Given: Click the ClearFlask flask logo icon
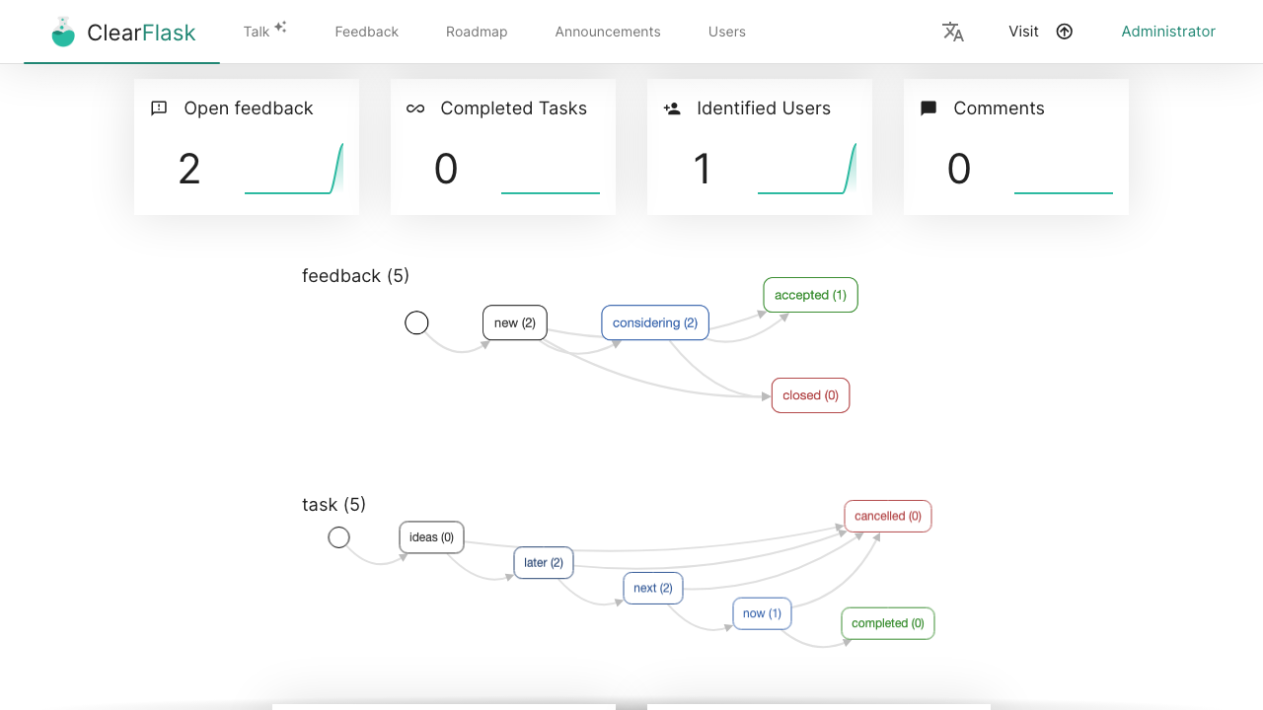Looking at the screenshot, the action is pos(63,32).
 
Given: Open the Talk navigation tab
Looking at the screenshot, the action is pos(257,32).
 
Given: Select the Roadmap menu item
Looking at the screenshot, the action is pos(477,32).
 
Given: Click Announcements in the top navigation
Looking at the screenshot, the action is pos(607,32).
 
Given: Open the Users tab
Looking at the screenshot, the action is pos(727,32).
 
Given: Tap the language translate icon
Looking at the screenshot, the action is pos(953,32).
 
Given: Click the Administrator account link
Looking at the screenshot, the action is pos(1168,32).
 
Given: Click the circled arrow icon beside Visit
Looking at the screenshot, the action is pos(1064,32).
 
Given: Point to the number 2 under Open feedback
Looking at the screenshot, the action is pos(188,169).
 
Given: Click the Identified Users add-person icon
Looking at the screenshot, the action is pos(672,108).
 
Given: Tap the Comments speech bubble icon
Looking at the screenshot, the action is pos(929,108).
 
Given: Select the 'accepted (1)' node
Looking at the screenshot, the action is pos(810,295).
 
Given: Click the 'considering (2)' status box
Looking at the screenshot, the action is pos(654,322).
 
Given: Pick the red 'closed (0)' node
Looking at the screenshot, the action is pos(810,395).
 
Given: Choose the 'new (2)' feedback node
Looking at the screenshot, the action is pos(515,322).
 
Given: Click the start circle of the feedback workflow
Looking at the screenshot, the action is pos(416,322).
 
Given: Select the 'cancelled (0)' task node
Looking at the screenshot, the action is pos(887,516).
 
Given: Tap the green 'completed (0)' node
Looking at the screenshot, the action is pos(887,623).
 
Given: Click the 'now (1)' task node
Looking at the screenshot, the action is pos(762,613).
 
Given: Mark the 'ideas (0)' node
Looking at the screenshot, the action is pos(431,537).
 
